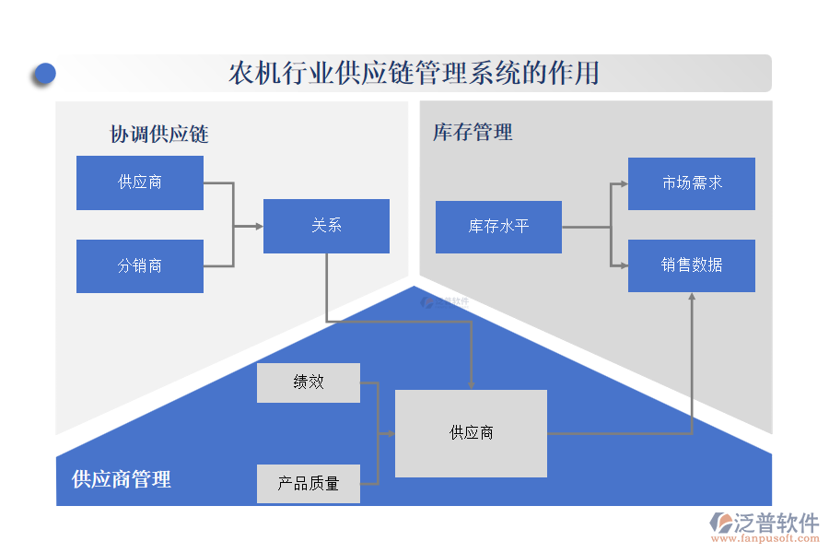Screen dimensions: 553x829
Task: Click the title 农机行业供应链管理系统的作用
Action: coord(414,73)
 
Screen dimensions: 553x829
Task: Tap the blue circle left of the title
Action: coord(43,74)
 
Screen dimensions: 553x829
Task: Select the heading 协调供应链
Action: coord(159,135)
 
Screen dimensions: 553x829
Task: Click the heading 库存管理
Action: coord(473,133)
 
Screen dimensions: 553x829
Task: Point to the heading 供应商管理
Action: coord(122,479)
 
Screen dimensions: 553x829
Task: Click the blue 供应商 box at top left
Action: coord(140,182)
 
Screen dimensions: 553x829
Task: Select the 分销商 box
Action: coord(140,266)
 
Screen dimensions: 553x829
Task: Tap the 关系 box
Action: coord(326,226)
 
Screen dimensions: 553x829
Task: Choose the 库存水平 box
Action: coord(498,227)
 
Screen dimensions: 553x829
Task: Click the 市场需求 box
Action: coord(691,183)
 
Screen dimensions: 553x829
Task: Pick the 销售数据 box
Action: coord(691,265)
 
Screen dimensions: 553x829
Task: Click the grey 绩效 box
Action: coord(309,382)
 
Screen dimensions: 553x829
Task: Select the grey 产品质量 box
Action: coord(309,483)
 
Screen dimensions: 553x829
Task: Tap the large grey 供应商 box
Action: coord(471,433)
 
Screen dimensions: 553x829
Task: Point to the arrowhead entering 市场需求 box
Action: coord(624,183)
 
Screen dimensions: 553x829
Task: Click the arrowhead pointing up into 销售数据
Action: coord(692,297)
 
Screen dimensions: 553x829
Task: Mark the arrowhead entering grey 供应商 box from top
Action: coord(472,384)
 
